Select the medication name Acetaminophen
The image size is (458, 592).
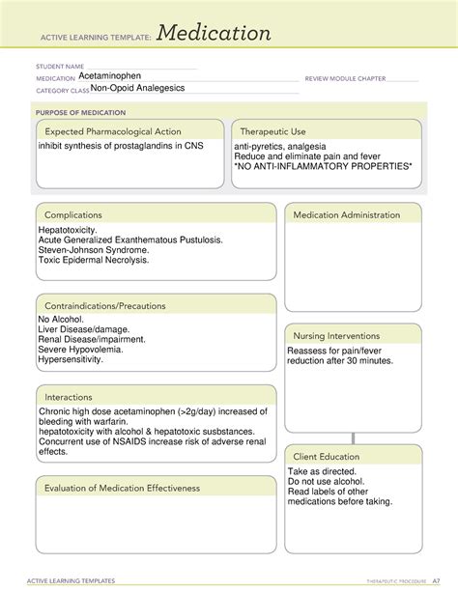[x=114, y=76]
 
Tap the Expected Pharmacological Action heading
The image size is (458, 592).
[x=113, y=131]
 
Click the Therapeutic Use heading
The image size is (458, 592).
[x=273, y=131]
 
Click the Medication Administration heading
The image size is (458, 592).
[x=346, y=214]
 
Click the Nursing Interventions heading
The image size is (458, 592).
[x=337, y=335]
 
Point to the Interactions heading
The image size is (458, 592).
[x=69, y=397]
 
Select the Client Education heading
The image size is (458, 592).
[x=328, y=456]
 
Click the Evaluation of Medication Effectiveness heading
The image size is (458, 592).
[x=122, y=488]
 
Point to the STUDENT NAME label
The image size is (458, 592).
[x=61, y=68]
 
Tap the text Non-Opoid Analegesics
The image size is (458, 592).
[x=137, y=88]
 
